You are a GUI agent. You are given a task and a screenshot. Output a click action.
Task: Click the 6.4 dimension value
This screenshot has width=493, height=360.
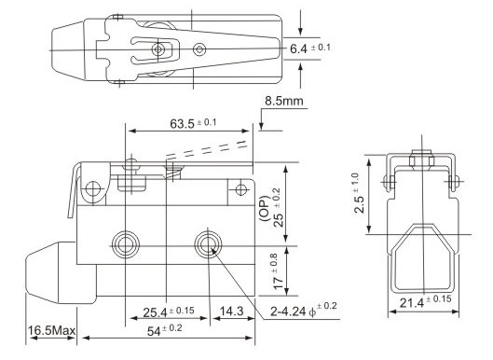click(x=298, y=48)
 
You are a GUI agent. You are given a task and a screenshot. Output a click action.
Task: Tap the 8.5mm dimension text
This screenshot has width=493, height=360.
click(x=284, y=101)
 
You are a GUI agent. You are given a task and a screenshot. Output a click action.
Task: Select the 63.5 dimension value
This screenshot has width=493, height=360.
click(x=182, y=124)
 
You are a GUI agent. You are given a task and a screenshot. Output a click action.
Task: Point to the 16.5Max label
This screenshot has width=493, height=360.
click(x=52, y=331)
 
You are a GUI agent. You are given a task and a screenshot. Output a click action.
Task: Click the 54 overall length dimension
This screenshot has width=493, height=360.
click(x=154, y=331)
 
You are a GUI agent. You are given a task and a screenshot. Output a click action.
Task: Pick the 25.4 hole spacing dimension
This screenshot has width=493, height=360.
click(x=155, y=312)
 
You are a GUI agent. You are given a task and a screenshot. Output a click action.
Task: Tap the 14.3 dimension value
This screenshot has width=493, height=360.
click(x=232, y=312)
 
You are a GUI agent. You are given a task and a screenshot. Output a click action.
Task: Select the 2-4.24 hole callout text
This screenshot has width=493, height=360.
click(x=288, y=312)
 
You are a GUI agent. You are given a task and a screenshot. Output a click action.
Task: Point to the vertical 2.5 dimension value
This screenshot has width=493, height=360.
click(x=359, y=204)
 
